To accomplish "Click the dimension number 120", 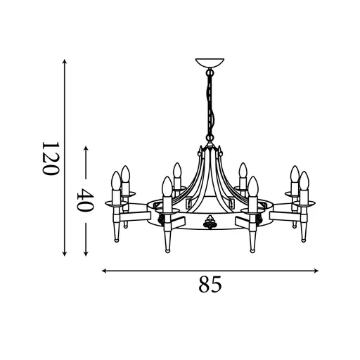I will [x=48, y=158].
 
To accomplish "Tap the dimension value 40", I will [x=86, y=201].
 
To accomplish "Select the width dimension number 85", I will [x=210, y=285].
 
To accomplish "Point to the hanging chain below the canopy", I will [x=209, y=105].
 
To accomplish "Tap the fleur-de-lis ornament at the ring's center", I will [x=209, y=224].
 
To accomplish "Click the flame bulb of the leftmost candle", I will [x=115, y=181].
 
